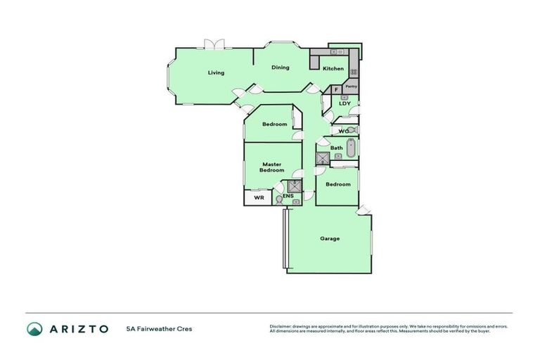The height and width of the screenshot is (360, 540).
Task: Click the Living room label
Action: click(215, 72)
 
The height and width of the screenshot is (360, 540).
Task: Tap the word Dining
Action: click(281, 67)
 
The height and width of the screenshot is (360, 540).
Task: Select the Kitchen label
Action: click(333, 68)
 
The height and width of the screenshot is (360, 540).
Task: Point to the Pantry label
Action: click(352, 86)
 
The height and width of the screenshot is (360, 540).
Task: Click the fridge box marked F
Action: click(336, 89)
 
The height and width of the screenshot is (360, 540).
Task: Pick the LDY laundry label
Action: click(345, 104)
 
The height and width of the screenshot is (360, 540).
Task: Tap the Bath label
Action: click(337, 148)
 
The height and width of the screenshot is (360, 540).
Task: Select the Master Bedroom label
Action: click(272, 167)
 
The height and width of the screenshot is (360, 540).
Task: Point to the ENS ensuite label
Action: click(288, 196)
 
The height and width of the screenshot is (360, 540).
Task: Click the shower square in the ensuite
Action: click(295, 186)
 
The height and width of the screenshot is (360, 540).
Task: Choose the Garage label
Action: click(330, 238)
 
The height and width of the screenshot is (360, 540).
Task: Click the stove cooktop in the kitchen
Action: click(354, 72)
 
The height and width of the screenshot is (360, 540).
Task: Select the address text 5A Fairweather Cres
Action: click(159, 329)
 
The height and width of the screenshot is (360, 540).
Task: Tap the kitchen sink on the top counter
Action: click(335, 52)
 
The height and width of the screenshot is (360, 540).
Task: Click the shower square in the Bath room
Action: click(322, 158)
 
